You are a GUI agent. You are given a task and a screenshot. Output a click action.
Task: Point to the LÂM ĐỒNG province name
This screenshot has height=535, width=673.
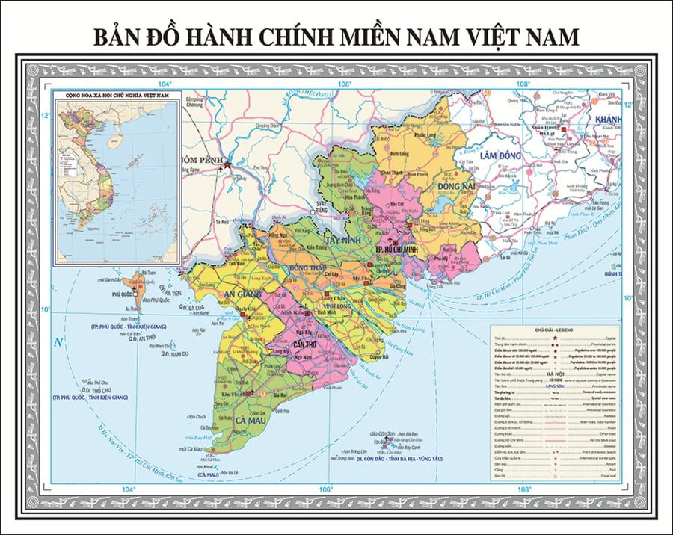coord(500,154)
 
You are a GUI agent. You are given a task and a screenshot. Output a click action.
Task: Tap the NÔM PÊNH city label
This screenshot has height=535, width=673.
coord(200,159)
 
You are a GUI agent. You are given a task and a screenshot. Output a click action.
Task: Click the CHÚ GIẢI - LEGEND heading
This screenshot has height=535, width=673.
coord(553,329)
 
